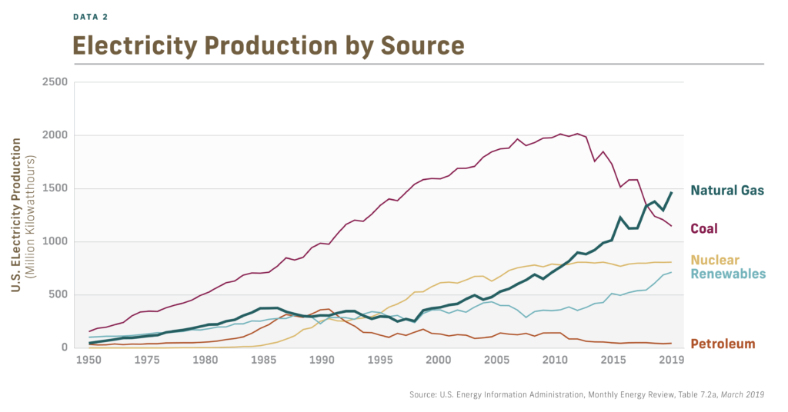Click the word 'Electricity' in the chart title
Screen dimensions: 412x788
(143, 45)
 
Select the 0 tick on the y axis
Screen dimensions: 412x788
(65, 347)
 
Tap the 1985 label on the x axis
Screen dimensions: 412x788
(263, 360)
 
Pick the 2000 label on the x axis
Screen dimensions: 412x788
(438, 360)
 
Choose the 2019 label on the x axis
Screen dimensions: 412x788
(671, 360)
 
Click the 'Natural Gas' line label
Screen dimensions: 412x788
(727, 191)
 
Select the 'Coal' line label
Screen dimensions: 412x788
(705, 228)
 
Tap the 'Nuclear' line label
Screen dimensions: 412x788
(715, 260)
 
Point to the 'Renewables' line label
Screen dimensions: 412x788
(727, 274)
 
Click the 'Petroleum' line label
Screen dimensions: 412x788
(723, 344)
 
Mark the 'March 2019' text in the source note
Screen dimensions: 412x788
(740, 395)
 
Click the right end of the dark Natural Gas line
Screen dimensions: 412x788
(671, 193)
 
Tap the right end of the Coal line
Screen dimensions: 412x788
(671, 226)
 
